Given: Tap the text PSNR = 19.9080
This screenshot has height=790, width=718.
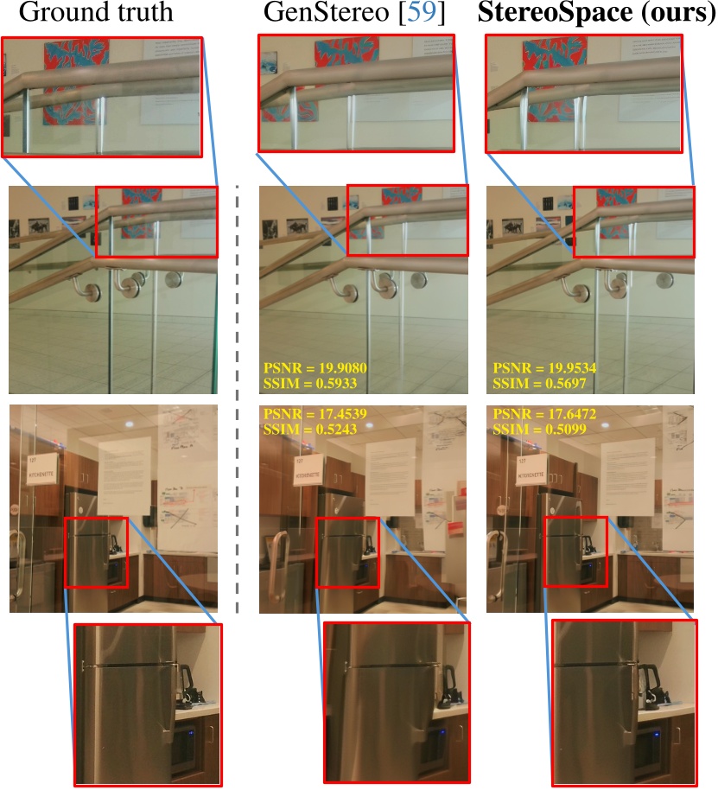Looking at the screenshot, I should pos(315,366).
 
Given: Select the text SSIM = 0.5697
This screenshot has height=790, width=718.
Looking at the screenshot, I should pos(539,381).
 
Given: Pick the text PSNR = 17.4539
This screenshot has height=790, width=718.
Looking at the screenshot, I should pos(315,416).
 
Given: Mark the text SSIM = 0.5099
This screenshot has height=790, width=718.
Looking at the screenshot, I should pos(539,430).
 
